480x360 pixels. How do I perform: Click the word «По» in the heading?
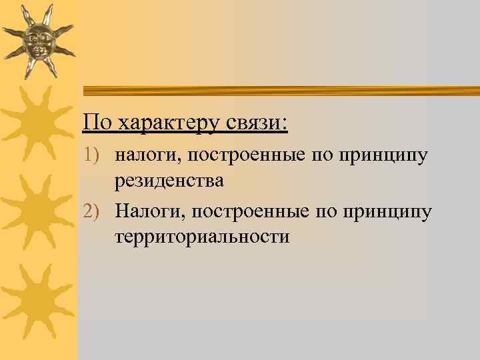(x=97, y=122)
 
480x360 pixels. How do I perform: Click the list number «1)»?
(x=94, y=156)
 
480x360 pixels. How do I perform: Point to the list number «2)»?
(x=94, y=212)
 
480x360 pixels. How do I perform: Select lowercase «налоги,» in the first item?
(x=147, y=156)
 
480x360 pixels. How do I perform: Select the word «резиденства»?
(x=169, y=181)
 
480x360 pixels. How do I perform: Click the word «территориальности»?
(x=202, y=237)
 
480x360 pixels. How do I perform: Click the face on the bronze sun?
(x=38, y=39)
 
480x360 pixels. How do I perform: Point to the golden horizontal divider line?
(x=280, y=90)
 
